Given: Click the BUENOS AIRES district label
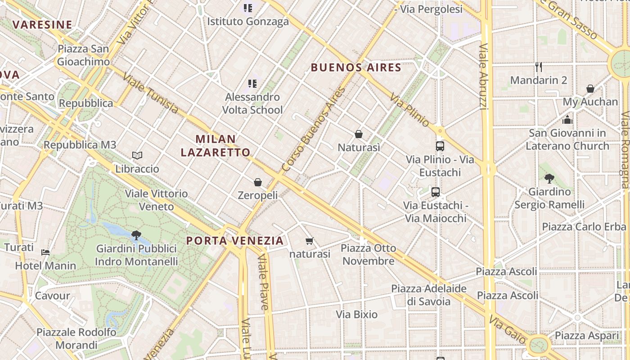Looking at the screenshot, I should (356, 67).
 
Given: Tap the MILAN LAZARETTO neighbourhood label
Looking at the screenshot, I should (216, 145).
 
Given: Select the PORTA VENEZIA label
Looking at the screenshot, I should (235, 240).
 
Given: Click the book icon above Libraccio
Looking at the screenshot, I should (137, 156).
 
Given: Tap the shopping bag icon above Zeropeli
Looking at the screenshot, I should (258, 182).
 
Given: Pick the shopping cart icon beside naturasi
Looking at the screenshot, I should (309, 241).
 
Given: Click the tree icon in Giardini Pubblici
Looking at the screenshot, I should (136, 235).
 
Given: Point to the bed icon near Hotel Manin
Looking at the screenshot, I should (45, 252).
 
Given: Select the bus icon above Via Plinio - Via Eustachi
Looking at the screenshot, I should (440, 146).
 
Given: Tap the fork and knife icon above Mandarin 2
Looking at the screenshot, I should (539, 67).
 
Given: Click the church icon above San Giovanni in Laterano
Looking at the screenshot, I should (567, 120).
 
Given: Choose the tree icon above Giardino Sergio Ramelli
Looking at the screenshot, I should (549, 178).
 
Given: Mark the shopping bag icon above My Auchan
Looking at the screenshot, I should (590, 89).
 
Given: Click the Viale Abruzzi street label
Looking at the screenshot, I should (483, 76).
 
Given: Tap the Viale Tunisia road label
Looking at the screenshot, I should (150, 94).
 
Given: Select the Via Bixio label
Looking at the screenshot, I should (357, 314).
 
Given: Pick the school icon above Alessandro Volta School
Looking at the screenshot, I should (252, 83).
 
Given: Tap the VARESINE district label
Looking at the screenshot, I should (42, 24).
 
